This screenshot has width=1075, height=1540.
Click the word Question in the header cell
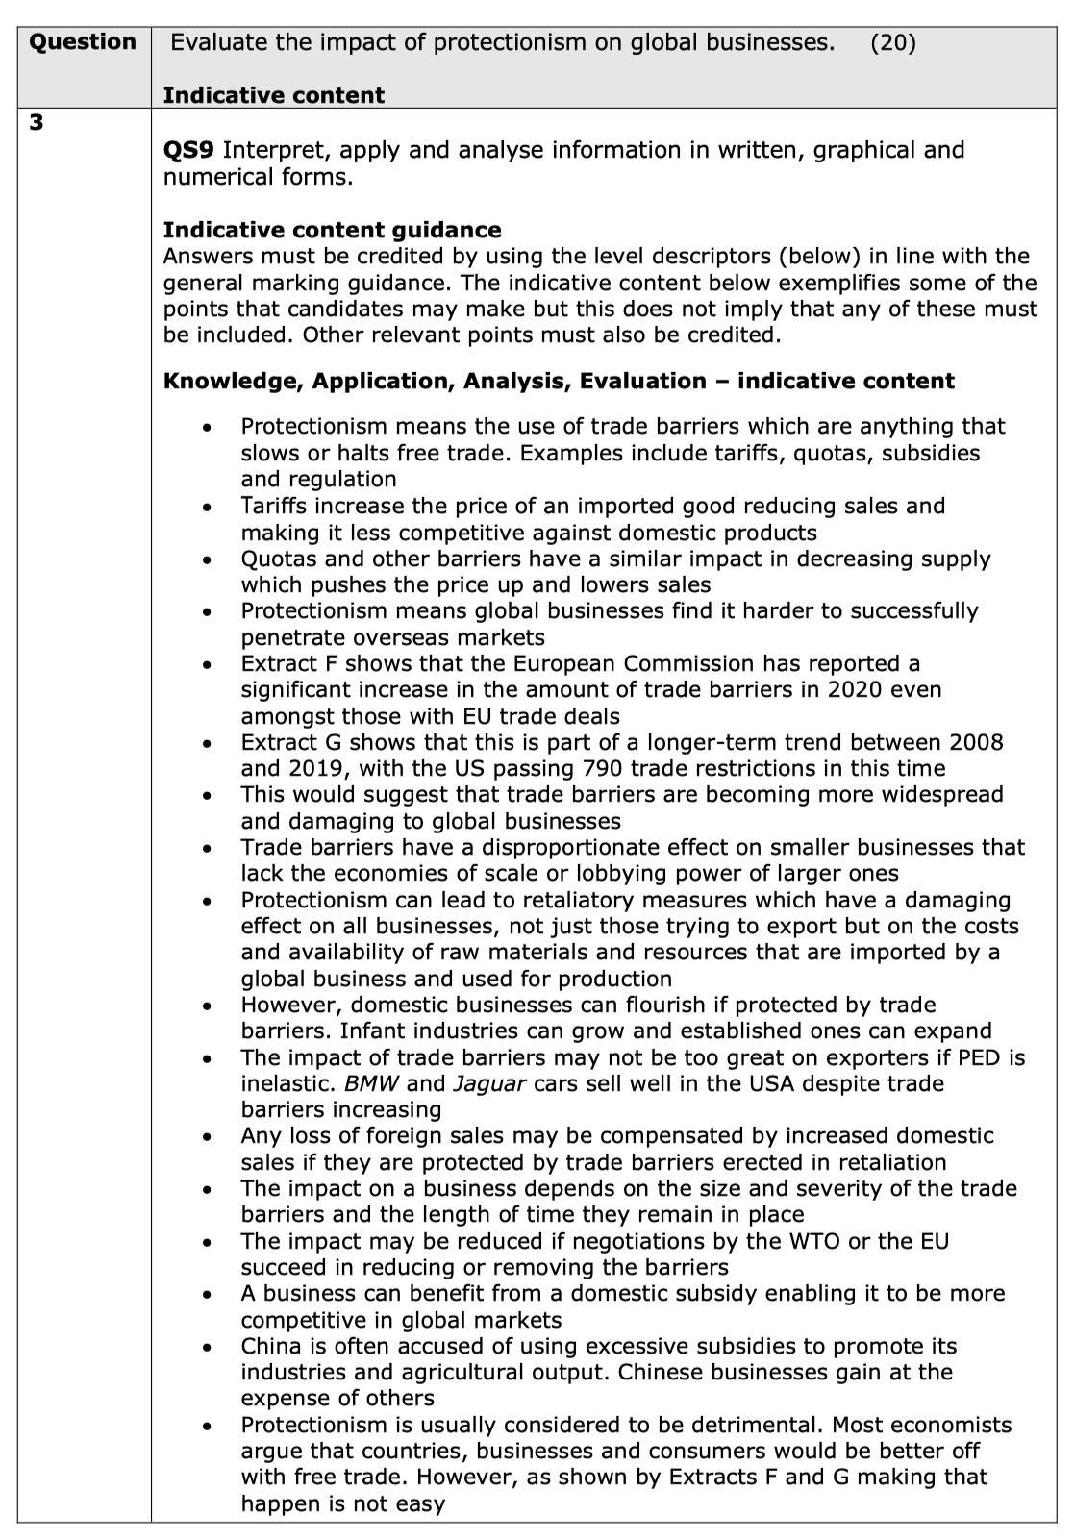click(83, 41)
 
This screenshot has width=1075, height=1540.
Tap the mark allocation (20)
click(893, 42)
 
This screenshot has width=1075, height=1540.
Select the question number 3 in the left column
click(36, 123)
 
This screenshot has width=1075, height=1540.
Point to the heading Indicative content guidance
click(332, 230)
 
